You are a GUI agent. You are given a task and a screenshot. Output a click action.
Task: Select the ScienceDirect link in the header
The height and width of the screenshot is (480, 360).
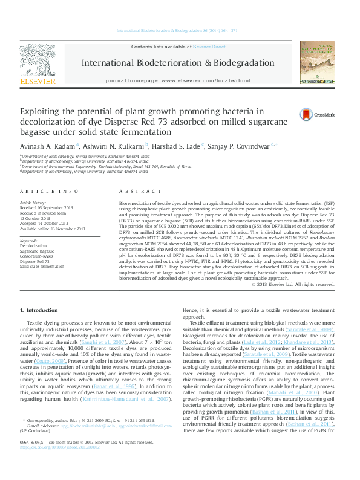click(x=209, y=47)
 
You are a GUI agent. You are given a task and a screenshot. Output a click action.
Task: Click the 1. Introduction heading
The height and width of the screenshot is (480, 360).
click(x=39, y=310)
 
